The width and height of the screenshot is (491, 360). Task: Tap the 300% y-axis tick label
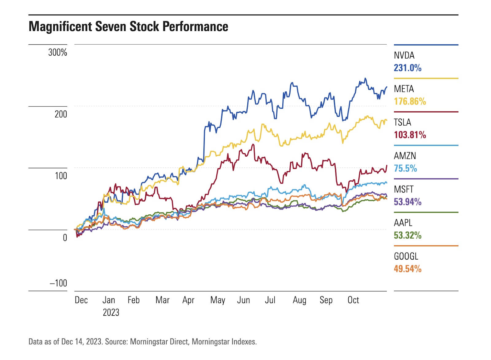(x=57, y=53)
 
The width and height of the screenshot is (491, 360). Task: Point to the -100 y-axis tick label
(x=58, y=283)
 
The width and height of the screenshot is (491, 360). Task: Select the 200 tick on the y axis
(x=61, y=114)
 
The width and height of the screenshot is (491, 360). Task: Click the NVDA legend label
(x=404, y=56)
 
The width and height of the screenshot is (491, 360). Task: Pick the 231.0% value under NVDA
(x=408, y=68)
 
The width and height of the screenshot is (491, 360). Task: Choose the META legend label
(x=404, y=89)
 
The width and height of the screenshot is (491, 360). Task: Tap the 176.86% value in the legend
(x=410, y=101)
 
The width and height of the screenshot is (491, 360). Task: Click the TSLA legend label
(x=402, y=123)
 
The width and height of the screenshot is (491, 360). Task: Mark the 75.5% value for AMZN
(x=405, y=168)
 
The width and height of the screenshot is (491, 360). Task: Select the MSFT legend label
(x=404, y=190)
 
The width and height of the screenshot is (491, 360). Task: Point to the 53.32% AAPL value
(x=408, y=235)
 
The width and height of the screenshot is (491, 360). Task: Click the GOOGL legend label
(x=406, y=256)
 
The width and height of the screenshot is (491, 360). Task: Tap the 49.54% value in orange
(x=408, y=269)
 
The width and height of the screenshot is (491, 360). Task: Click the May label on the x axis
(x=218, y=300)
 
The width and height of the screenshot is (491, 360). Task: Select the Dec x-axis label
(x=81, y=300)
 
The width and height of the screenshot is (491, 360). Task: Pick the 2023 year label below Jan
(x=111, y=312)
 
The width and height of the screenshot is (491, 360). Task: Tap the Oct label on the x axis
(x=353, y=300)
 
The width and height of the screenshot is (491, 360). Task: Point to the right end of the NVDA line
(x=386, y=87)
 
